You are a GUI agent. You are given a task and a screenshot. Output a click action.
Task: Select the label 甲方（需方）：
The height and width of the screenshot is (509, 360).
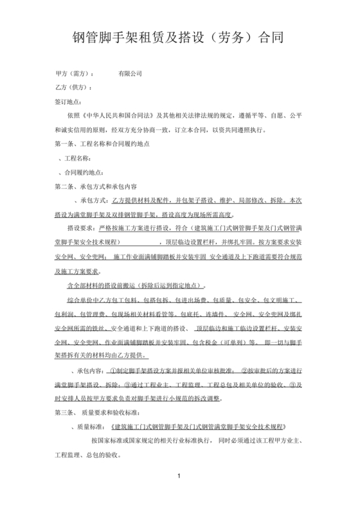(75, 74)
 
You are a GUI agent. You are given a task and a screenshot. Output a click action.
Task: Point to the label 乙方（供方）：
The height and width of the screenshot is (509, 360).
(75, 87)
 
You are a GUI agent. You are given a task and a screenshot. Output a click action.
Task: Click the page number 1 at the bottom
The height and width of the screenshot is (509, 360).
(180, 493)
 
